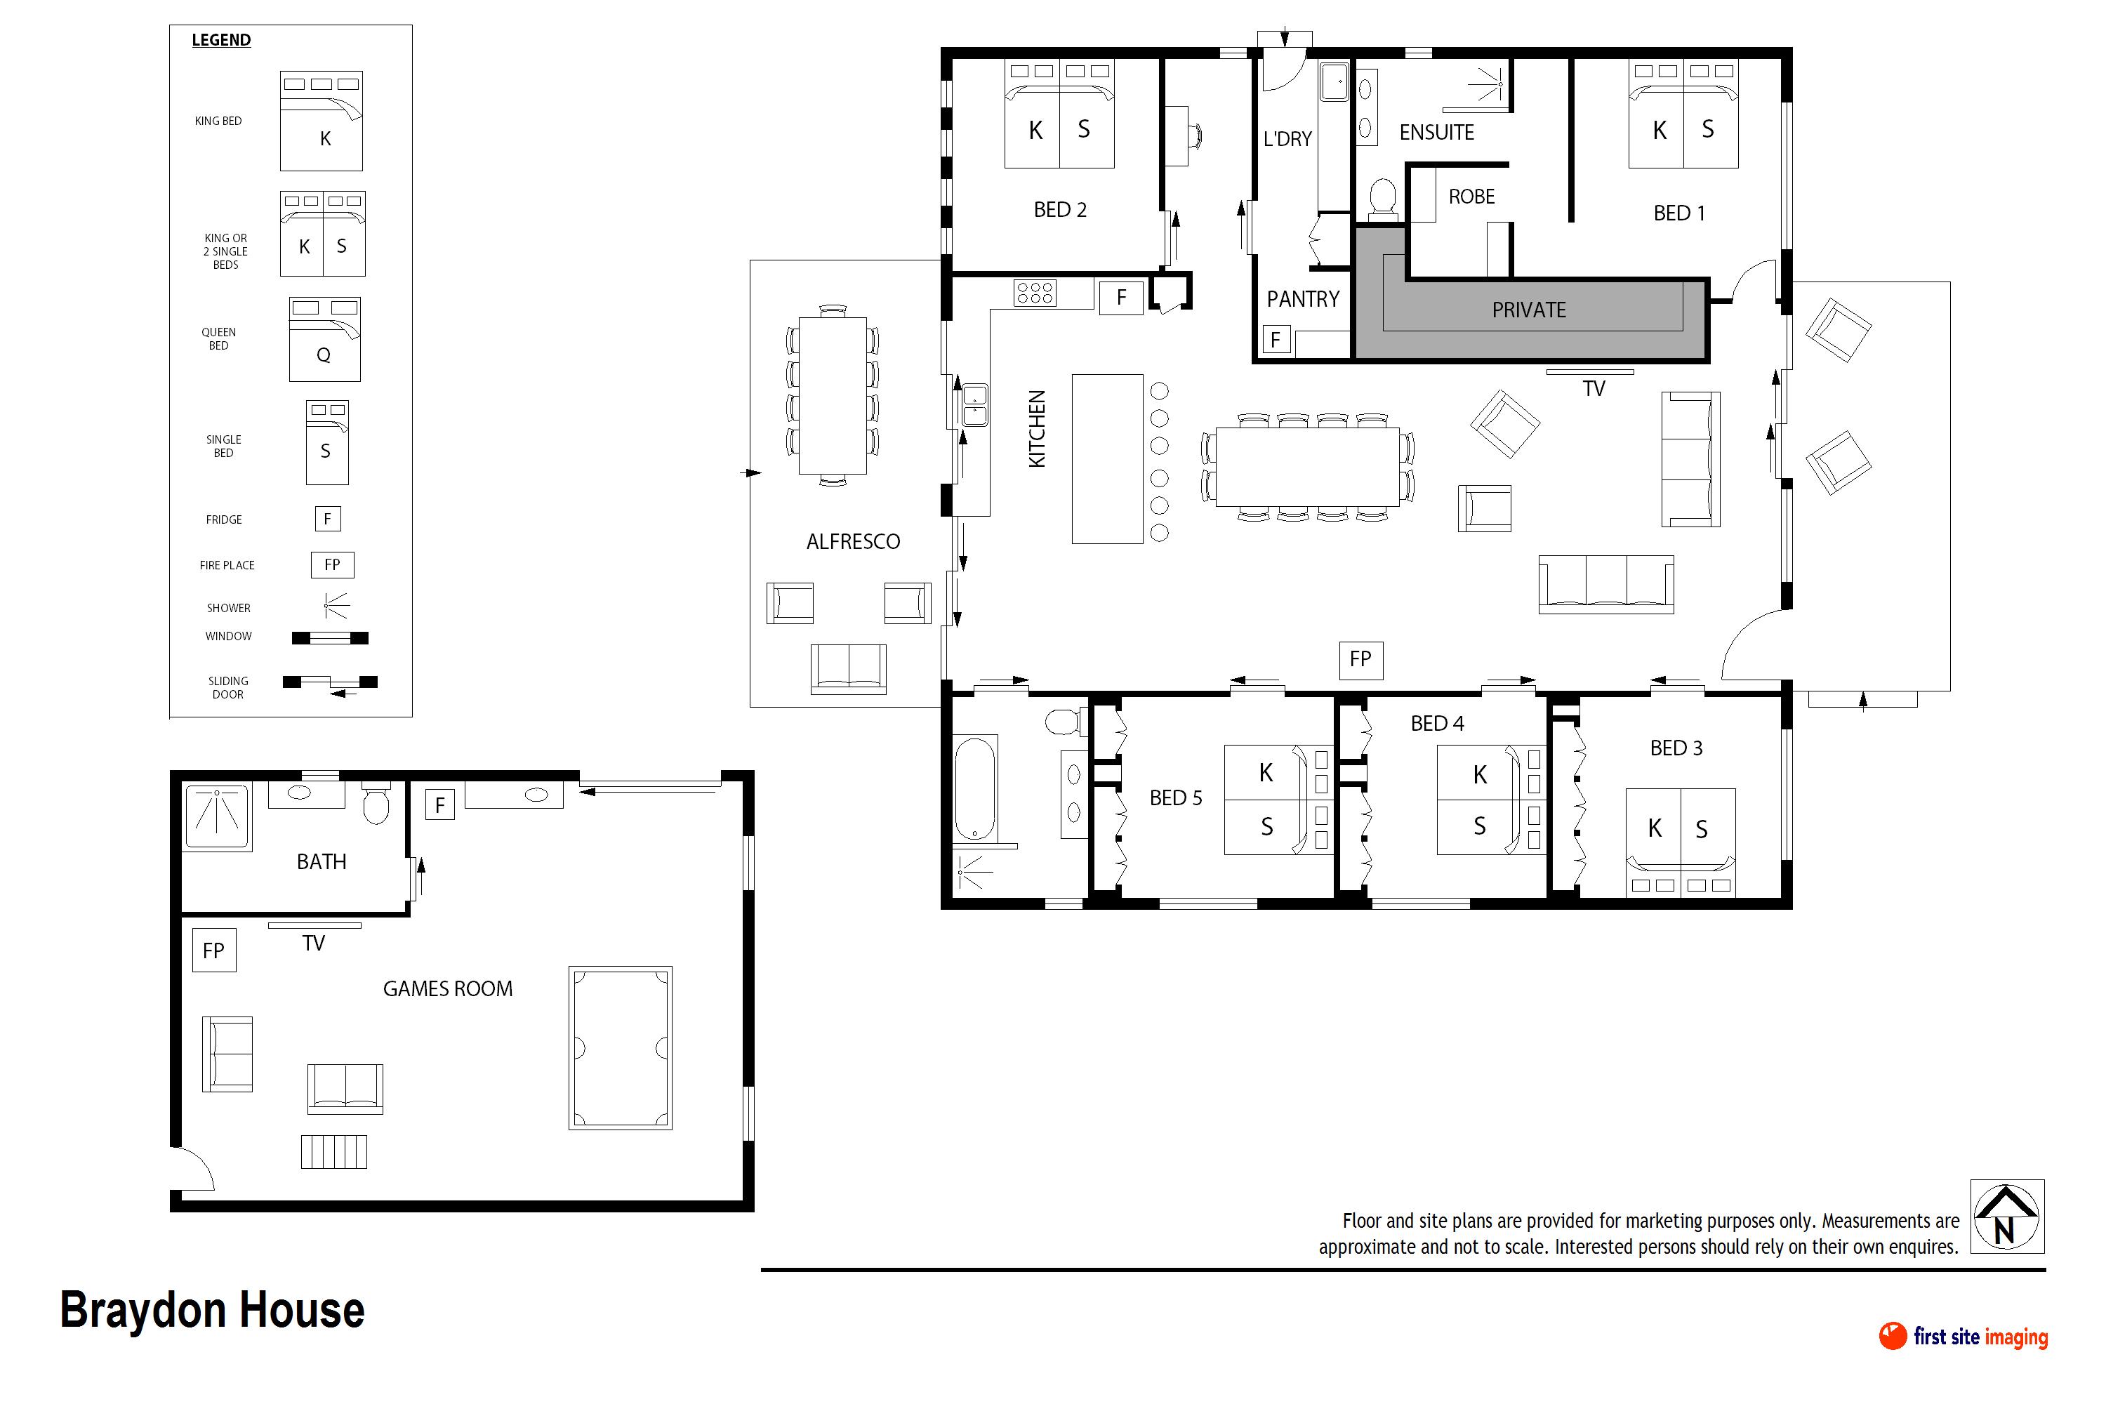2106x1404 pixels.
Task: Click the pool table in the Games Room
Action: [620, 1047]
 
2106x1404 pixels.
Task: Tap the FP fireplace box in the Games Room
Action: [214, 950]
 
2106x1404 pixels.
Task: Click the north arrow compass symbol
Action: [2006, 1216]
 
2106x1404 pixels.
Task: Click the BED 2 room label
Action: [1059, 209]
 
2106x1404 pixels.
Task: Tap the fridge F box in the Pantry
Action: [1276, 339]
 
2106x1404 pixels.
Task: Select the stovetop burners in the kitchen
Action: [1034, 293]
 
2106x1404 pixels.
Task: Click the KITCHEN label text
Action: [1037, 428]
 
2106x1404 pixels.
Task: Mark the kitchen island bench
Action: [1107, 458]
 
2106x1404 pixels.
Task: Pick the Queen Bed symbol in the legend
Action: [324, 339]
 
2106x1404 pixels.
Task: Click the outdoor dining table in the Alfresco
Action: [832, 395]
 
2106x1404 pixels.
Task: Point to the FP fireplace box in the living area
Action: [1360, 659]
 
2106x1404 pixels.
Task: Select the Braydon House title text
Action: [212, 1310]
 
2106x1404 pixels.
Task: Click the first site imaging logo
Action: [1963, 1336]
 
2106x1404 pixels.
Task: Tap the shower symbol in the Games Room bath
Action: [218, 815]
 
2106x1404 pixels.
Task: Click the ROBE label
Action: [1471, 196]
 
